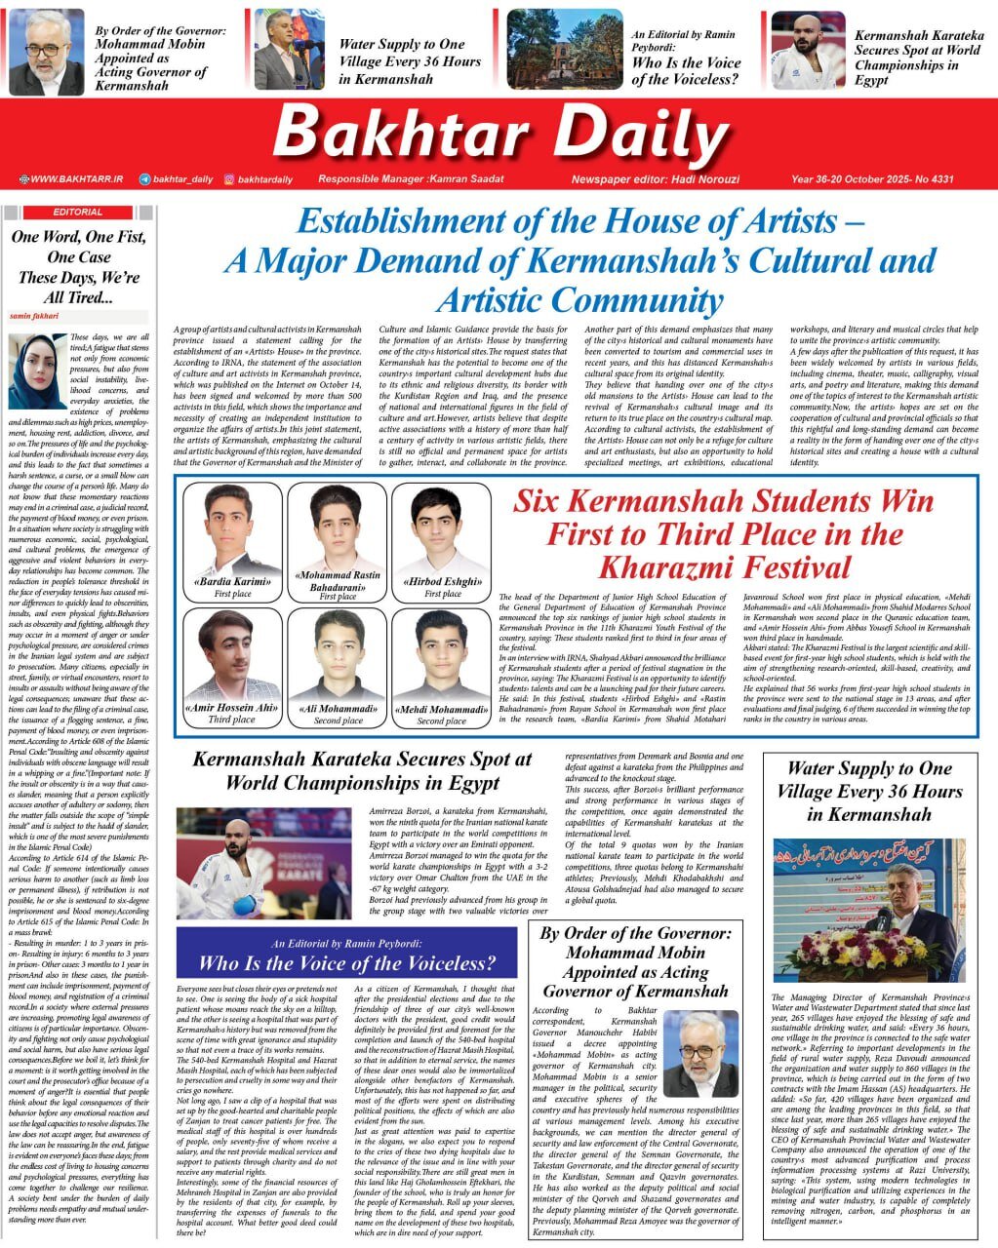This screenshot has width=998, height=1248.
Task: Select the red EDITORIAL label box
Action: tap(78, 212)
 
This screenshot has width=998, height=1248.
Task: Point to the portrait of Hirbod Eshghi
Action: tap(442, 530)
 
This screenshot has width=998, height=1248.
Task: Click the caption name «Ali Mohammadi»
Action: tap(338, 709)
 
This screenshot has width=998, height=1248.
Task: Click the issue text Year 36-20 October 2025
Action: tap(871, 179)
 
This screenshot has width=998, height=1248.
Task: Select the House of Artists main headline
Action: tap(579, 260)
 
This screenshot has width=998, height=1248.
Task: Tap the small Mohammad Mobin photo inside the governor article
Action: tap(699, 1054)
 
